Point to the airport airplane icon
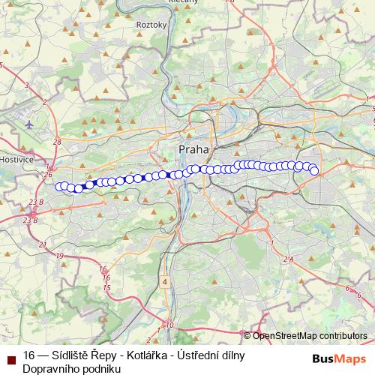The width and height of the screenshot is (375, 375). pos(28,124)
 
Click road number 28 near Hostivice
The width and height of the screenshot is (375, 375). pos(57,142)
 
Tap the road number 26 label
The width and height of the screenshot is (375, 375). pos(49,175)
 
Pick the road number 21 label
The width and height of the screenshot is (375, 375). pos(43,244)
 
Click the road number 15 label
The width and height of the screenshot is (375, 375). pos(107,287)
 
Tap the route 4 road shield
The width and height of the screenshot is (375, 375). pos(163,281)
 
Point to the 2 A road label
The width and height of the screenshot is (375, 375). pos(289,259)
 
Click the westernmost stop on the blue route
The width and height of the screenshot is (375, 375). pos(58,186)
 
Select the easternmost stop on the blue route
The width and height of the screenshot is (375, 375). pos(315,172)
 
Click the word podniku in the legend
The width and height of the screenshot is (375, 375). pos(100,368)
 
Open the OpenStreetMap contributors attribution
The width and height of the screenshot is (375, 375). pos(309,335)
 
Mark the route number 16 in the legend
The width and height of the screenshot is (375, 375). pos(29,355)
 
